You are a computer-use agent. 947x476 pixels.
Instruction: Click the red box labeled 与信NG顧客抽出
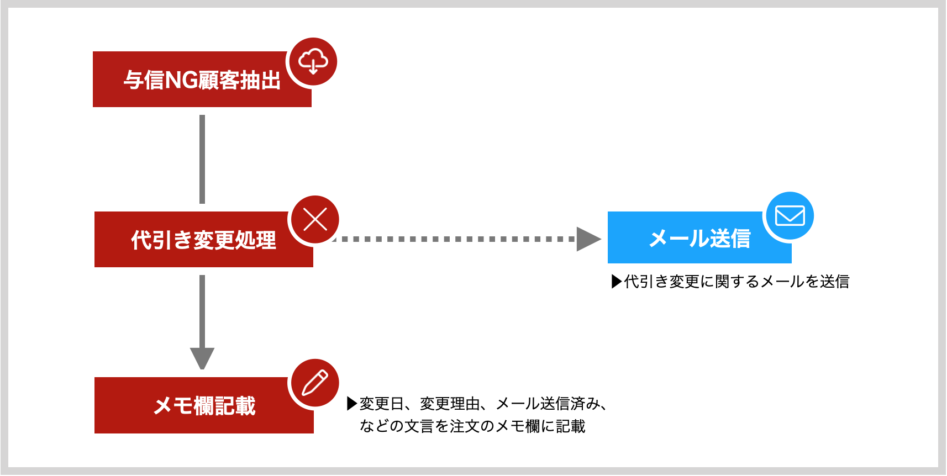202,80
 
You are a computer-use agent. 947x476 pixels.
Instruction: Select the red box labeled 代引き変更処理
204,240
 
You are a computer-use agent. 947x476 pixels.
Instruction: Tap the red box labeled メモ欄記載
204,405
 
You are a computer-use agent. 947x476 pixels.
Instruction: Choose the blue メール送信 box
699,238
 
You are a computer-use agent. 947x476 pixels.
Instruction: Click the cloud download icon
313,61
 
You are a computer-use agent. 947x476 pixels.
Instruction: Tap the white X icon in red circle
315,220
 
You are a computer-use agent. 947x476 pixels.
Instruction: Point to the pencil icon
315,383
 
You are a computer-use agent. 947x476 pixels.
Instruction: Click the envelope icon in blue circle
790,216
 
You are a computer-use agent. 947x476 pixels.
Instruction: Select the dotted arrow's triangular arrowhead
588,239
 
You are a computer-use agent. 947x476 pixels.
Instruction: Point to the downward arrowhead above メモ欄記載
202,358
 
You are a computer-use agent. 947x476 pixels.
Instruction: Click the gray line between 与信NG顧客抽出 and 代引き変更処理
202,159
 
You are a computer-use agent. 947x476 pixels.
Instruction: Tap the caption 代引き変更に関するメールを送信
736,282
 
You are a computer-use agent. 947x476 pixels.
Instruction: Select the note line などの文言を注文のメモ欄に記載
472,426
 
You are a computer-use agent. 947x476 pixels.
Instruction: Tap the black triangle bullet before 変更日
352,404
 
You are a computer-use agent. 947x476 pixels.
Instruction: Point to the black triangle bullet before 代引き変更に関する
617,282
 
